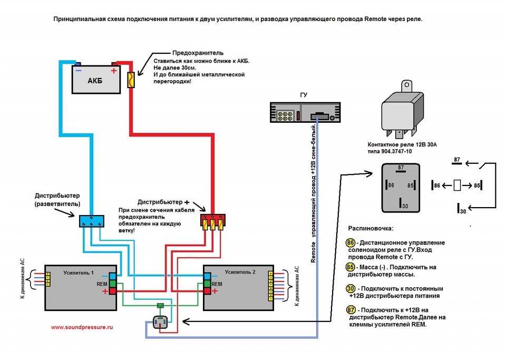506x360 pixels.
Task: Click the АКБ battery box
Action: [x=95, y=80]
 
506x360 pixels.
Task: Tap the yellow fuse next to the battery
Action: [x=132, y=80]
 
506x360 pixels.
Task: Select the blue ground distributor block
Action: [x=92, y=221]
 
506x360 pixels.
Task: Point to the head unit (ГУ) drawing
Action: [x=303, y=113]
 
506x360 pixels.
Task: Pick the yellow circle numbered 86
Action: [x=350, y=242]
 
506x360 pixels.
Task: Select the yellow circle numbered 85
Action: [x=350, y=267]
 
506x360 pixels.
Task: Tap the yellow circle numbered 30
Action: [x=350, y=288]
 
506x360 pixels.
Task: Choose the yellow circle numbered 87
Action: [x=350, y=310]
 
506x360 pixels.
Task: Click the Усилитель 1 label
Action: [x=78, y=273]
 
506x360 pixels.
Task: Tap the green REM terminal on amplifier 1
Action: [x=113, y=284]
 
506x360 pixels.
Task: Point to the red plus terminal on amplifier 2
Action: [x=207, y=291]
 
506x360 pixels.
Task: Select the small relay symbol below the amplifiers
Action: [x=160, y=322]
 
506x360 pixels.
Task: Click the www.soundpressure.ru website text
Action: [x=82, y=327]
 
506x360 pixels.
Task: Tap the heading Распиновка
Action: [x=371, y=228]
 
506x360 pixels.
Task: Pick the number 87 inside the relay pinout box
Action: [x=401, y=168]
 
